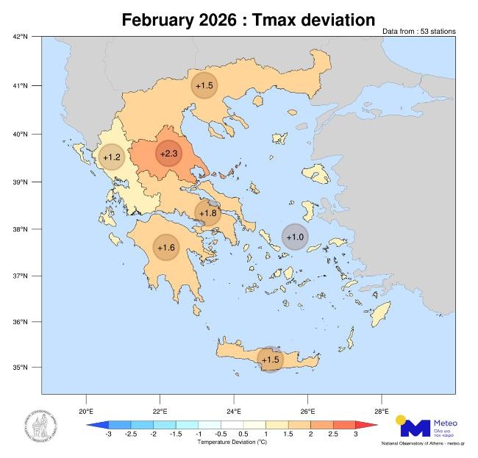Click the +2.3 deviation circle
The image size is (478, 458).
[x=168, y=154]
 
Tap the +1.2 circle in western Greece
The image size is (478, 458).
[x=111, y=157]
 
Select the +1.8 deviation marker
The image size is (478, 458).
[x=208, y=213]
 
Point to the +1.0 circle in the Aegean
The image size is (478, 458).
[x=295, y=237]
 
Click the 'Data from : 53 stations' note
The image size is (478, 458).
[x=418, y=31]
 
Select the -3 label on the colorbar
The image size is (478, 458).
[x=109, y=435]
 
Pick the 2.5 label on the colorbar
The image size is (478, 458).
[x=333, y=435]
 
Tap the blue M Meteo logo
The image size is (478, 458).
[x=415, y=427]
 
